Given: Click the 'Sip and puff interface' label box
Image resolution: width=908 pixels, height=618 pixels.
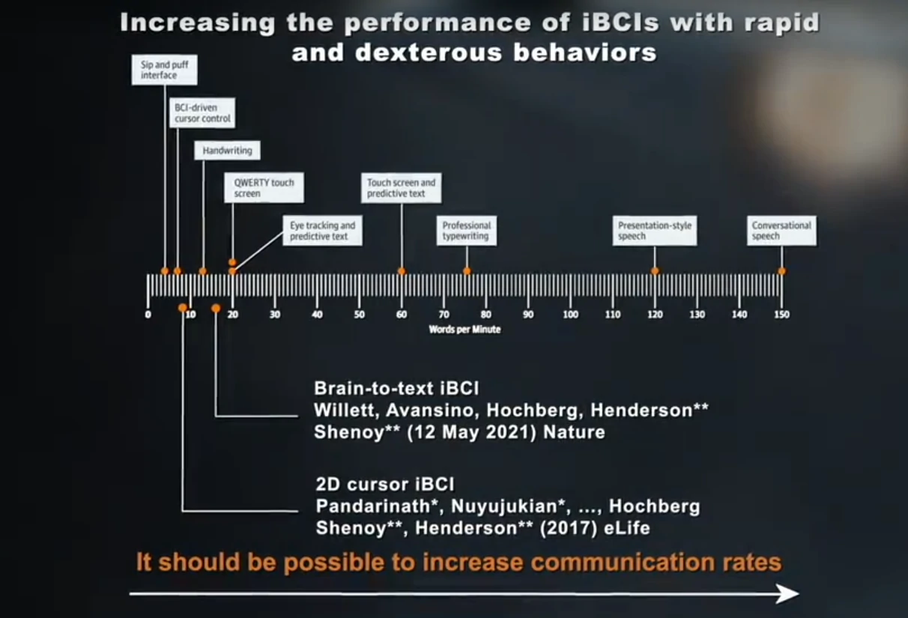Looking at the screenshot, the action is coord(165,70).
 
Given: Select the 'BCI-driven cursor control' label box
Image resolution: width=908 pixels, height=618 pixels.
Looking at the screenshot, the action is coord(202,113).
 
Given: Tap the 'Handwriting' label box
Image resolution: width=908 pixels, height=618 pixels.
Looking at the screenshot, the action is coord(228,151).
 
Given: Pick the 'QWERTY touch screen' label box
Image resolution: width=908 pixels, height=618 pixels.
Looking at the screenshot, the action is coord(264,188).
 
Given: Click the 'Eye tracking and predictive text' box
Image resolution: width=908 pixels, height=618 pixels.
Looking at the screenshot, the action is coord(323,231).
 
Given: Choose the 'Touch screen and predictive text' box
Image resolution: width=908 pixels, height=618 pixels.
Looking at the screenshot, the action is coord(402,188).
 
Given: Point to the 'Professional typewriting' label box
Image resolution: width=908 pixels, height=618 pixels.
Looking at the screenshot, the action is coord(467,231).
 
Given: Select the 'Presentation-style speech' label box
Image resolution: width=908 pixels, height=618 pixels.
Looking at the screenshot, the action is coord(655,231).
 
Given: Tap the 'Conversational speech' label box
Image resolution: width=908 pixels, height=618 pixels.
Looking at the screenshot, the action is coord(782,231).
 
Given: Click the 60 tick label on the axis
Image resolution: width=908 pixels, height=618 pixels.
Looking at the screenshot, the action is coord(402,315).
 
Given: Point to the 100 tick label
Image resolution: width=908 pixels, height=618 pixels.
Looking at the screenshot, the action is coord(570,315).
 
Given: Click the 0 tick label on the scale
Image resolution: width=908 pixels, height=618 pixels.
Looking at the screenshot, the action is coord(148,315).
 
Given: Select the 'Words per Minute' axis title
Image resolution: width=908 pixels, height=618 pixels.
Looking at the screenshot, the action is coord(465,330).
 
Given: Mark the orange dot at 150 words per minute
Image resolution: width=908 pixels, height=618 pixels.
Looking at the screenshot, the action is coord(782,271).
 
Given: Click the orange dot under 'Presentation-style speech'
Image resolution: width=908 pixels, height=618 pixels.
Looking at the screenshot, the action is coord(655,271).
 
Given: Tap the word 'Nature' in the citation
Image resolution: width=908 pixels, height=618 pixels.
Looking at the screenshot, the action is coord(574,432).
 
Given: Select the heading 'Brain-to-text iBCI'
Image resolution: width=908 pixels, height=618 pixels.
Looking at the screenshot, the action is coord(396,388).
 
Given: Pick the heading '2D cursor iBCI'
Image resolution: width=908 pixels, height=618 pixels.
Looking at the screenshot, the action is coord(385,484).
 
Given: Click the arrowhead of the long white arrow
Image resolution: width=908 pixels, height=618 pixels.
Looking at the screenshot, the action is coord(788,594).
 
